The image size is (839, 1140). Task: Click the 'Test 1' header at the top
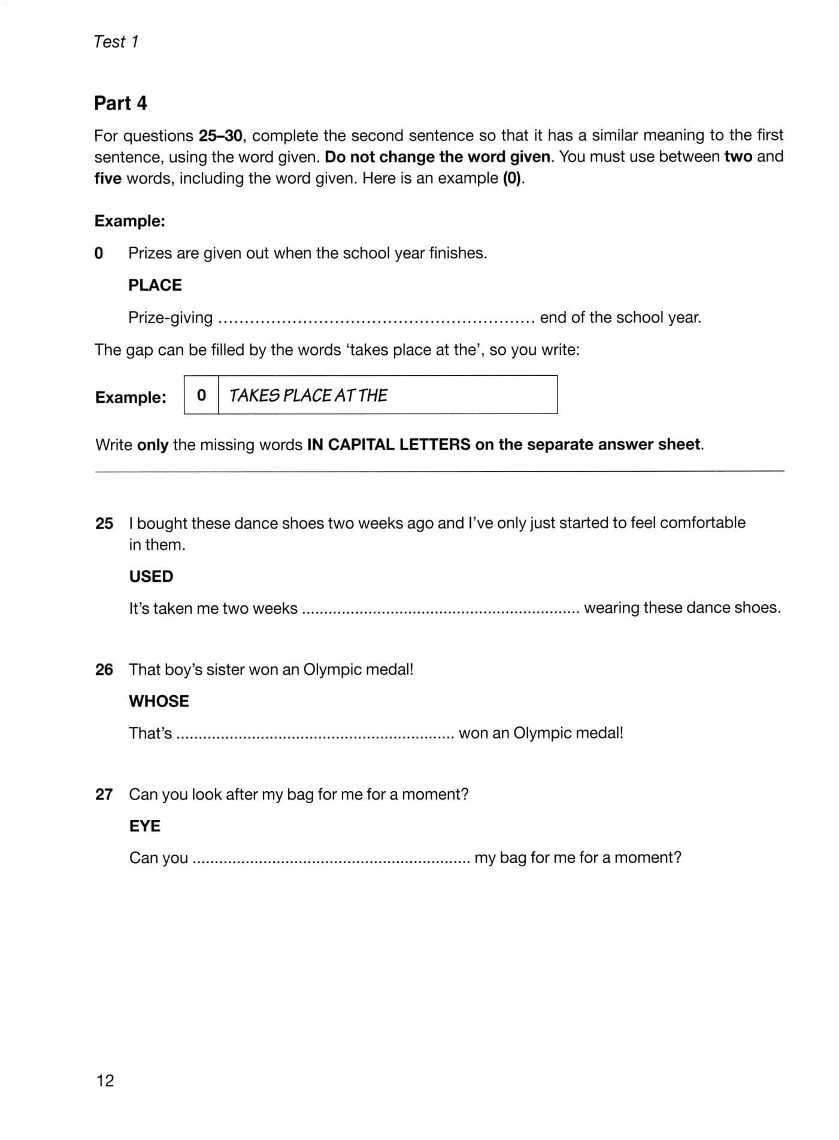pos(116,42)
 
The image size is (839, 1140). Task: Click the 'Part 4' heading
pos(120,103)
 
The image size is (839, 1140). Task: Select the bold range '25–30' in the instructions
pos(220,135)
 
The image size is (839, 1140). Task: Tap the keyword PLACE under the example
pos(155,285)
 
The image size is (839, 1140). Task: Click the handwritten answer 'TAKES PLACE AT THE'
pos(308,396)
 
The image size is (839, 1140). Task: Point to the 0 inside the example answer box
pos(201,396)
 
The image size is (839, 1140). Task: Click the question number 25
pos(104,523)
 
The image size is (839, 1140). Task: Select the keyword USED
pos(151,576)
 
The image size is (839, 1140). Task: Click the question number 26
pos(104,669)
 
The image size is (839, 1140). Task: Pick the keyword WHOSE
pos(159,701)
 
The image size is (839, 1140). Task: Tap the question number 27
pos(104,794)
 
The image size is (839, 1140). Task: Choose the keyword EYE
pos(145,826)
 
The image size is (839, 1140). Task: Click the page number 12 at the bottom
pos(105,1080)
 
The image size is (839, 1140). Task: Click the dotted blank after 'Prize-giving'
pos(376,319)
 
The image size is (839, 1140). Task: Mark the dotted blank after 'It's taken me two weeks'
pos(441,610)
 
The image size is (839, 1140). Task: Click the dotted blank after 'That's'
pos(316,734)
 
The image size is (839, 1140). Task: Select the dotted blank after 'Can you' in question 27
pos(332,859)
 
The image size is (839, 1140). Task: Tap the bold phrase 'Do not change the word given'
pos(437,157)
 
